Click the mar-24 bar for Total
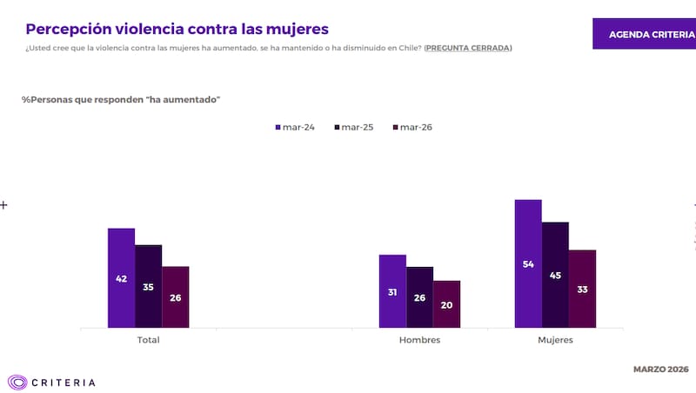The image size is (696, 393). tap(121, 278)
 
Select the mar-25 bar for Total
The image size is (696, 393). tap(148, 286)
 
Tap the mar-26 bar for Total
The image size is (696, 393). tap(175, 297)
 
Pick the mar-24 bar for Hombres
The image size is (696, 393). tap(392, 291)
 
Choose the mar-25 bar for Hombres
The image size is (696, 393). tap(419, 297)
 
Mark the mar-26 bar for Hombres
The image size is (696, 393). tap(446, 304)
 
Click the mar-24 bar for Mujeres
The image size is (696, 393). tap(528, 263)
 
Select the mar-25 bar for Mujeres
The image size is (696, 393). tap(555, 275)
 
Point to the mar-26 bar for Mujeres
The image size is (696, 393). tap(582, 289)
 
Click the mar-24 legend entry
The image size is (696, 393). tap(295, 127)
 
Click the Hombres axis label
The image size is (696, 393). tap(419, 340)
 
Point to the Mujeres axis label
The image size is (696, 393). tap(555, 340)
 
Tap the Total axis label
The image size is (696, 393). tap(148, 340)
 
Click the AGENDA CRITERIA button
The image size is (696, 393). tap(644, 34)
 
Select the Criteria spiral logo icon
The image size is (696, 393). tap(17, 382)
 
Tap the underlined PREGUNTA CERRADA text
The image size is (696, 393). tap(468, 48)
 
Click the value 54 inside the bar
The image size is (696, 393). tap(528, 264)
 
